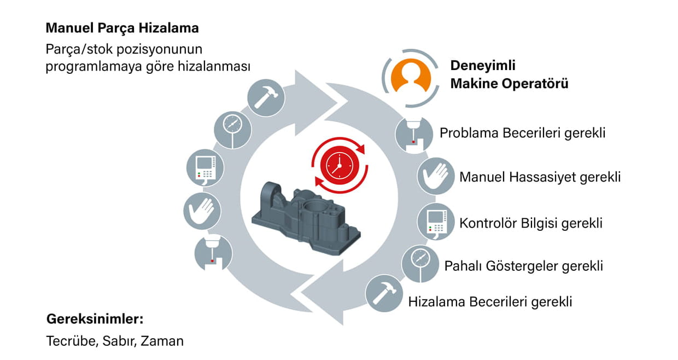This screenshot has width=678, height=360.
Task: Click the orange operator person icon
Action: [411, 76]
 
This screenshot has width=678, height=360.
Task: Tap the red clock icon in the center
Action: [340, 165]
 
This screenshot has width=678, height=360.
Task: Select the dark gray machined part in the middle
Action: [306, 218]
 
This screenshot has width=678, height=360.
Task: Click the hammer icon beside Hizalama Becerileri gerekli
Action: [384, 293]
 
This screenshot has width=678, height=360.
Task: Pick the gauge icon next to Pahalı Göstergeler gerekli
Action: [420, 264]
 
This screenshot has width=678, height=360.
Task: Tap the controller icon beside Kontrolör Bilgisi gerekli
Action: [436, 222]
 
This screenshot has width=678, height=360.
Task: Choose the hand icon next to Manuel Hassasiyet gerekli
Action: [436, 176]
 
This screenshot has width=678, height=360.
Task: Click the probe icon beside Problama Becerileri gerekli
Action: [414, 134]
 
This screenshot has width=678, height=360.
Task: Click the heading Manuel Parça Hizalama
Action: [122, 28]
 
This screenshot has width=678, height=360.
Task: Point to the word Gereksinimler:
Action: [95, 319]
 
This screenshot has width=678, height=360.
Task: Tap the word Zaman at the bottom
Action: [162, 341]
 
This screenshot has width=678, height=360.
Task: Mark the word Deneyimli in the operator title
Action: [483, 66]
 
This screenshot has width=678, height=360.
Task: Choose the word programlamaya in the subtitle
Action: [93, 67]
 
